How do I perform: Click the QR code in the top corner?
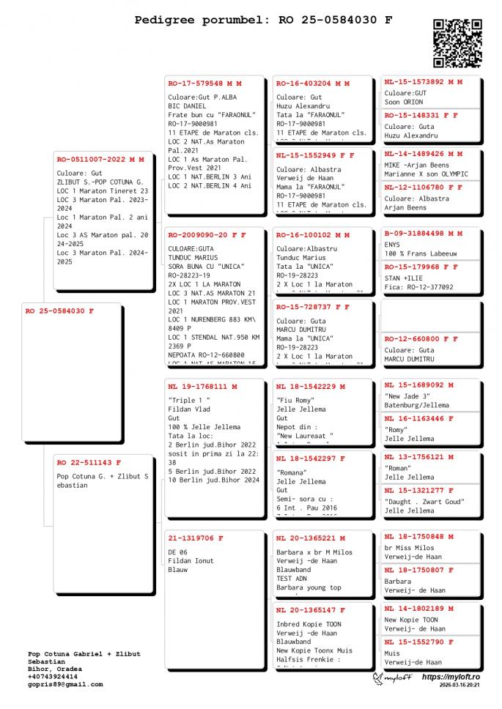457,43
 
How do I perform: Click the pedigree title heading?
263,20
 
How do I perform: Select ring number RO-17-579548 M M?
204,83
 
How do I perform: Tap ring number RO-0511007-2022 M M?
100,159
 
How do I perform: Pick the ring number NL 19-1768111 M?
202,386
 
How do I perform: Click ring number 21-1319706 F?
196,538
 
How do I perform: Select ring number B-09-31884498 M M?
424,234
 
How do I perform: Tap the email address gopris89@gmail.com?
65,684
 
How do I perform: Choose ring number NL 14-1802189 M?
419,609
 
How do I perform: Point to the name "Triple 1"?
189,401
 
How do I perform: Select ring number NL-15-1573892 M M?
424,82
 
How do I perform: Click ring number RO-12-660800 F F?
421,339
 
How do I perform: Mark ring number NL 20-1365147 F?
311,610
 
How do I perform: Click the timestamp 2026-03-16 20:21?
460,686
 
